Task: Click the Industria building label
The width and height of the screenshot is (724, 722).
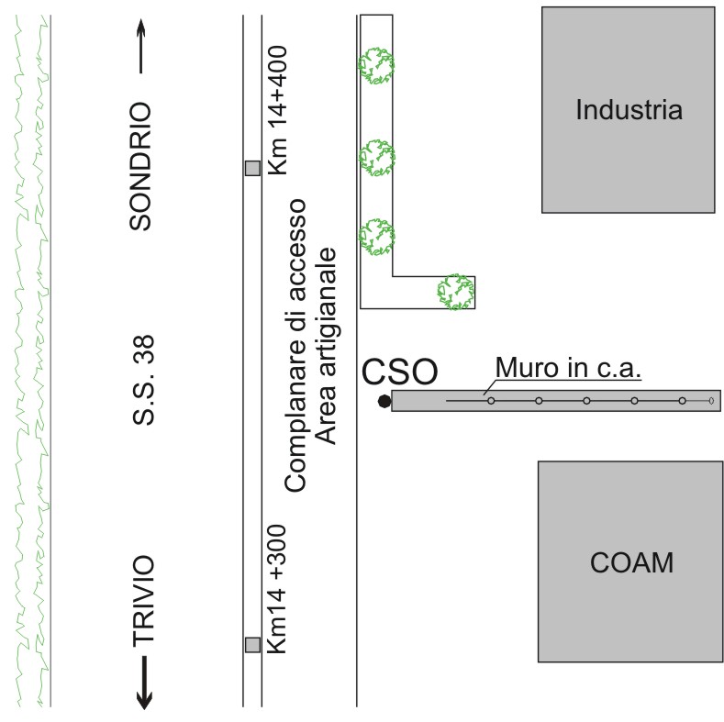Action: pyautogui.click(x=629, y=111)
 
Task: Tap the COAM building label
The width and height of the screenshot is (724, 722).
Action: pyautogui.click(x=630, y=561)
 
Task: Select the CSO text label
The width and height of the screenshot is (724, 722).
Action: pyautogui.click(x=399, y=372)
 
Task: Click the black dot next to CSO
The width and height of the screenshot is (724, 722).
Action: pyautogui.click(x=384, y=401)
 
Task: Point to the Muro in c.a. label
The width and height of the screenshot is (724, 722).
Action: pyautogui.click(x=568, y=368)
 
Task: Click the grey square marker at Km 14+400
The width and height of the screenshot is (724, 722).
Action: pyautogui.click(x=252, y=168)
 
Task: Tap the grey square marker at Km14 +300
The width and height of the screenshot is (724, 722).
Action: pyautogui.click(x=252, y=644)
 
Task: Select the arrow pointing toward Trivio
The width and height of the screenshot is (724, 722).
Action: pyautogui.click(x=144, y=684)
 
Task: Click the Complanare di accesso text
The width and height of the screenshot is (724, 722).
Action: pyautogui.click(x=296, y=344)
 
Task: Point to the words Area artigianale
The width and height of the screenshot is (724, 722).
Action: pyautogui.click(x=328, y=344)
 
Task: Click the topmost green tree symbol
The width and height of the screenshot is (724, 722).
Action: pyautogui.click(x=376, y=65)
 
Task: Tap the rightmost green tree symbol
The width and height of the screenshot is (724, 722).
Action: pyautogui.click(x=455, y=291)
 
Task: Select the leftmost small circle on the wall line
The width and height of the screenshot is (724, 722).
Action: pyautogui.click(x=491, y=401)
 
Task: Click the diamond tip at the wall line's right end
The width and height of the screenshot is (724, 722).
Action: pyautogui.click(x=711, y=401)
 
